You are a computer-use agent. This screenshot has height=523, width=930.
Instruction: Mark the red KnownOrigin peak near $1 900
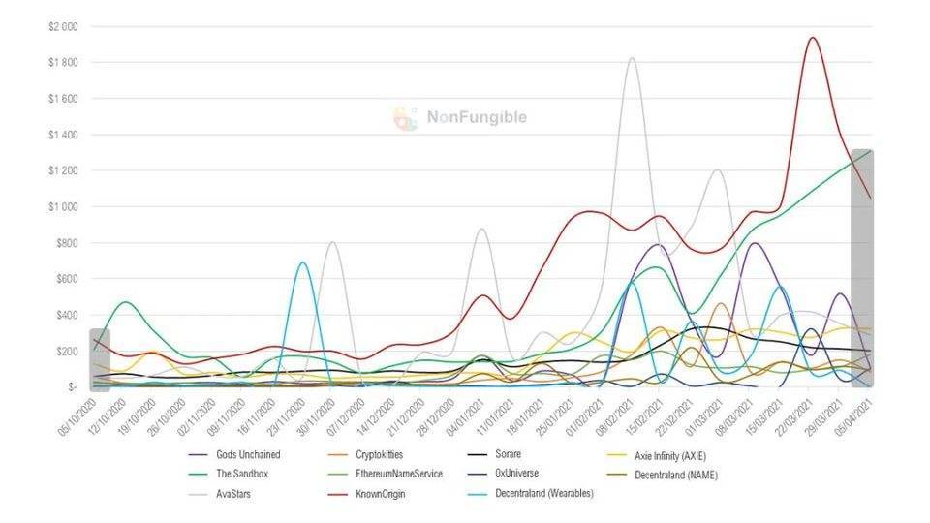click(812, 39)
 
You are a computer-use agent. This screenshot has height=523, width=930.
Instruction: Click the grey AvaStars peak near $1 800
click(632, 59)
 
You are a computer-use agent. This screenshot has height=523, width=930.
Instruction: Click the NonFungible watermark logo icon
click(405, 118)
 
